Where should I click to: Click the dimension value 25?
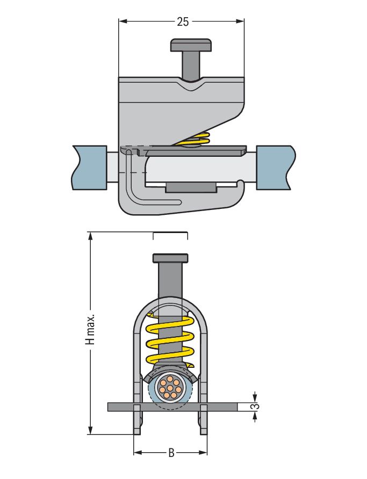pos(183,21)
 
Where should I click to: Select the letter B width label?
pos(171,453)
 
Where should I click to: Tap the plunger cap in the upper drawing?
pos(190,45)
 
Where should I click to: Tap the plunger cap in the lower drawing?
pos(170,258)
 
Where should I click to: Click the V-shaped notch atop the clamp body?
pos(190,85)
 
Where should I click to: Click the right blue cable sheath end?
pos(275,167)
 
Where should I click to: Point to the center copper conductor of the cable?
pos(170,388)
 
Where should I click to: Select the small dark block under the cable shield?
pos(191,187)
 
